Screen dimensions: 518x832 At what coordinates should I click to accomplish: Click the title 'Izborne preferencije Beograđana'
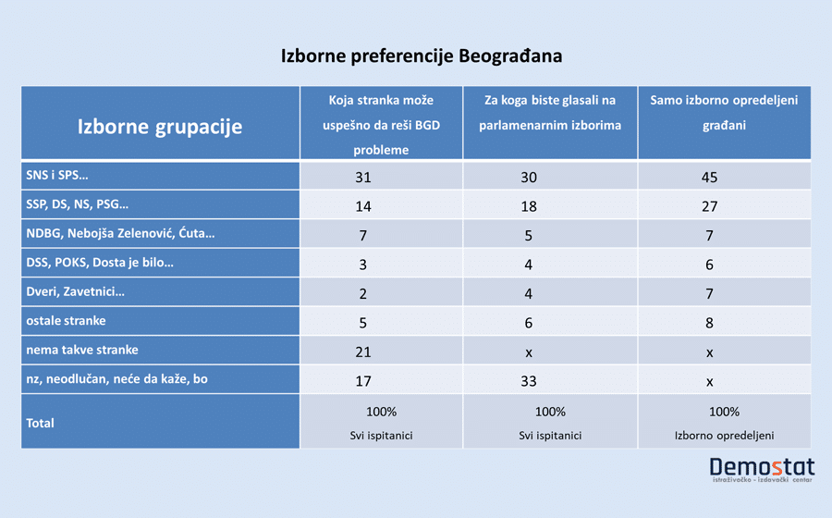click(421, 56)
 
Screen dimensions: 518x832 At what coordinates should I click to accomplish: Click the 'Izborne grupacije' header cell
click(159, 127)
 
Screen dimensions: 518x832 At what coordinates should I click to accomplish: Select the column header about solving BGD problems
click(381, 124)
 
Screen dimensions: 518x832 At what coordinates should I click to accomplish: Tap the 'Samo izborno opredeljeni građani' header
click(724, 112)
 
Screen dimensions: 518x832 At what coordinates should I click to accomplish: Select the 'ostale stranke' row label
click(67, 320)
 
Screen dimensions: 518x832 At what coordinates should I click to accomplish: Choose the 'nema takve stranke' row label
click(81, 350)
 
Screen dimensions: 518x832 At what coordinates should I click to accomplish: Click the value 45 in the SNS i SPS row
click(709, 178)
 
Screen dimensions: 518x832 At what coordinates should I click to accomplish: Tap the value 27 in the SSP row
click(709, 206)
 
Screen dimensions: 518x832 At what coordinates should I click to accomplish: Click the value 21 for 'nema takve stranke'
click(363, 351)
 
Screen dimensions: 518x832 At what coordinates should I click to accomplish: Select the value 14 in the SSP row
click(363, 206)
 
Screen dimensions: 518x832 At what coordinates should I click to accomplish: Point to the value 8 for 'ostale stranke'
click(709, 322)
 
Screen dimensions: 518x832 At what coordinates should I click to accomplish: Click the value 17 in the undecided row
click(363, 379)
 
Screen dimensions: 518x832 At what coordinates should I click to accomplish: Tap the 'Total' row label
click(41, 423)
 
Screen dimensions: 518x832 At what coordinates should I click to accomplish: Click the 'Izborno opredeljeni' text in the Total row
click(724, 433)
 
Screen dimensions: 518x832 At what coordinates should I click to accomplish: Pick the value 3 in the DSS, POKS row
click(363, 264)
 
